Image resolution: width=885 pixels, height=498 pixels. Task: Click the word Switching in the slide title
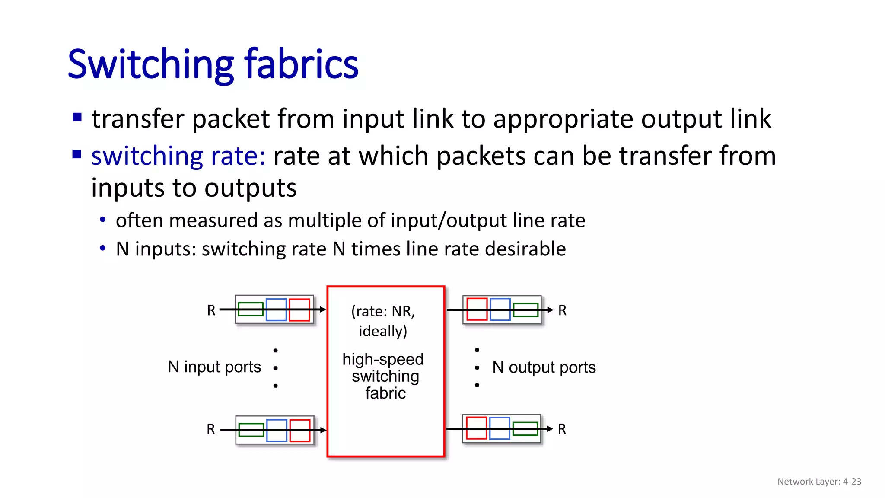(x=151, y=65)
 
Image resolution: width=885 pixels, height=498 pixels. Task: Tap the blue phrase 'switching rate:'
(x=178, y=156)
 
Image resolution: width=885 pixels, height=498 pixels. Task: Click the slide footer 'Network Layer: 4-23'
(x=819, y=482)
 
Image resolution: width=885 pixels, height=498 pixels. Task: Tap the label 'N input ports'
(x=214, y=367)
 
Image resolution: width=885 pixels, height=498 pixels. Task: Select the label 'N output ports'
(x=544, y=367)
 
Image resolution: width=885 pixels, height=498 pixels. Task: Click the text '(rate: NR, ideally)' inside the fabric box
(x=383, y=321)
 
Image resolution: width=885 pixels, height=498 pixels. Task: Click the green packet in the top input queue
(x=251, y=310)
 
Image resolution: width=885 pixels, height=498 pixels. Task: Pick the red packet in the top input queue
(x=299, y=310)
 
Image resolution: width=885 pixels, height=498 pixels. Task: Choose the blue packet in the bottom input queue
(x=277, y=430)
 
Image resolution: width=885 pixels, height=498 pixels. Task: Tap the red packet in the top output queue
(x=477, y=310)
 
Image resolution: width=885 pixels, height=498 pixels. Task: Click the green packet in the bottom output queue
(x=525, y=429)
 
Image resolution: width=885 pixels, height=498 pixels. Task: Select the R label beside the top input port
(x=211, y=310)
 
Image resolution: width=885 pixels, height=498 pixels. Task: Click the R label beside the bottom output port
(x=562, y=429)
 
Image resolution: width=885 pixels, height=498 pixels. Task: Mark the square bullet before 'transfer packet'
(x=77, y=117)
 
